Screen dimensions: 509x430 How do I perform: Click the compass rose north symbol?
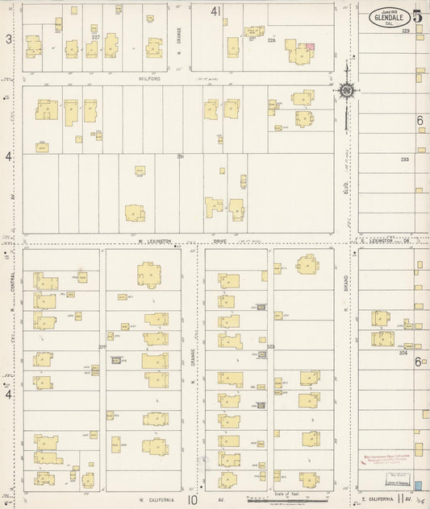coord(346,91)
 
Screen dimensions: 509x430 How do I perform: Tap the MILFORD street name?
coord(152,79)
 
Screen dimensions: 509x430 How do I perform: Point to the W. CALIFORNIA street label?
coord(150,499)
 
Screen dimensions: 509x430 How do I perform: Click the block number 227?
coord(95,37)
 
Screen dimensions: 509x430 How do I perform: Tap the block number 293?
coord(405,159)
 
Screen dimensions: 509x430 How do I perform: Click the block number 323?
coord(271,347)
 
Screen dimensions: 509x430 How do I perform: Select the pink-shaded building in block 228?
coord(310,48)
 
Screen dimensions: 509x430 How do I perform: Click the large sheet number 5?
coord(417,16)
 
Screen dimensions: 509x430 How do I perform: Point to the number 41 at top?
coord(215,11)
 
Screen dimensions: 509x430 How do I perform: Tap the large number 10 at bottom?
coord(192,499)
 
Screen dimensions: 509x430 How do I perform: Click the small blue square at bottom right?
coord(418,486)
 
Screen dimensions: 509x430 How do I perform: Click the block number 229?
coord(406,31)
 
